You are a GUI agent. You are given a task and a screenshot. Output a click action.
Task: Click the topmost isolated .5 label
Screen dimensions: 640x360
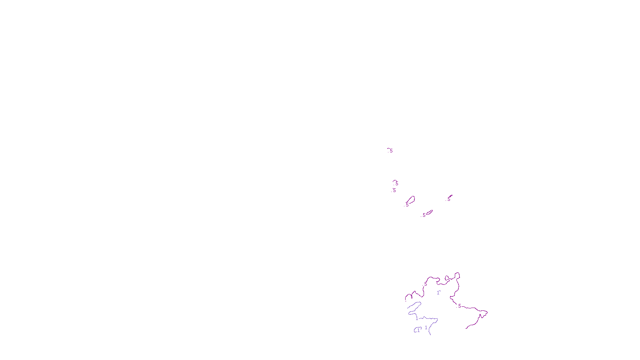[x=390, y=151]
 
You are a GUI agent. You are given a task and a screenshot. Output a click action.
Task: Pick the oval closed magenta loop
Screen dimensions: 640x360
[x=411, y=200]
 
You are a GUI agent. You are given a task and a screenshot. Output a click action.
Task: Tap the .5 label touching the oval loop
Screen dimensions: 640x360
[x=407, y=204]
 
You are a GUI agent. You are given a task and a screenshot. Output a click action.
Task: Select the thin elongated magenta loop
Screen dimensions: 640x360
[x=429, y=212]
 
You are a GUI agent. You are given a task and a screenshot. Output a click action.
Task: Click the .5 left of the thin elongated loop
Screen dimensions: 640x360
[x=424, y=215]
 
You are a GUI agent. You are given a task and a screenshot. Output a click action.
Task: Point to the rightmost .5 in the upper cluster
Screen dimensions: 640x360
[x=449, y=199]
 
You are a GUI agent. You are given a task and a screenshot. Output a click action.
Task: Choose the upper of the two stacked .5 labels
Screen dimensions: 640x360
[x=396, y=184]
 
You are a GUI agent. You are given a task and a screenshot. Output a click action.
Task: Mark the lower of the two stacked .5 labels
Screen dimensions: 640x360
[x=394, y=190]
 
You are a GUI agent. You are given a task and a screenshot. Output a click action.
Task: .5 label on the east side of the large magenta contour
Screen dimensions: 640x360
[x=459, y=306]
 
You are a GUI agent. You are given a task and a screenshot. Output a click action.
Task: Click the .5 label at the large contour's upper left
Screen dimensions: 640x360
[x=426, y=283]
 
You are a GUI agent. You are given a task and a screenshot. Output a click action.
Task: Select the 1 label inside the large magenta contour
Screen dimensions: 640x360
[x=438, y=293]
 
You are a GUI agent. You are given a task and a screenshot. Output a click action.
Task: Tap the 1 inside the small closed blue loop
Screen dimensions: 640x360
[x=418, y=330]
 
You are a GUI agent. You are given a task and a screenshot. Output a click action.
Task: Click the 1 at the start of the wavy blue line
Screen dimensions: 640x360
[x=417, y=318]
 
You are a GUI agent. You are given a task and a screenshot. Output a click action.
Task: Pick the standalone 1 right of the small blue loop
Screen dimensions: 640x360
[x=426, y=328]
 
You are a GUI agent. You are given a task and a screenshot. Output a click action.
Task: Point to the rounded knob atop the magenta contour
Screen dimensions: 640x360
[x=457, y=276]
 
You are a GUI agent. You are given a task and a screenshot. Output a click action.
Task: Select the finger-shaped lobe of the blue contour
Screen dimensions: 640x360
[x=414, y=307]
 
